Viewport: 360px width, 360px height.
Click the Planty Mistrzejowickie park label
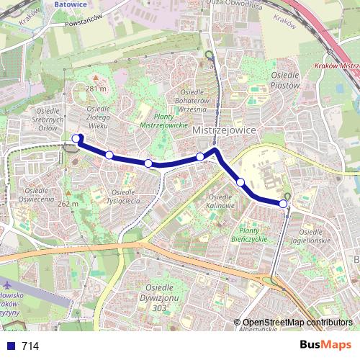click(159, 120)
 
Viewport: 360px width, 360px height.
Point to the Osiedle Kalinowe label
click(221, 202)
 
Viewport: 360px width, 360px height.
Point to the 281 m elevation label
click(96, 89)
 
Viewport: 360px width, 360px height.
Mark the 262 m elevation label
click(67, 204)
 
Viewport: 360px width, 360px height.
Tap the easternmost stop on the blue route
click(284, 204)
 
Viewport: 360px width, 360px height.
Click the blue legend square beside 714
click(9, 346)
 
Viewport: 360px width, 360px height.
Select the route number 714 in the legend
click(30, 346)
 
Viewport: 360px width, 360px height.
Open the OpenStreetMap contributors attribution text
click(297, 323)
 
